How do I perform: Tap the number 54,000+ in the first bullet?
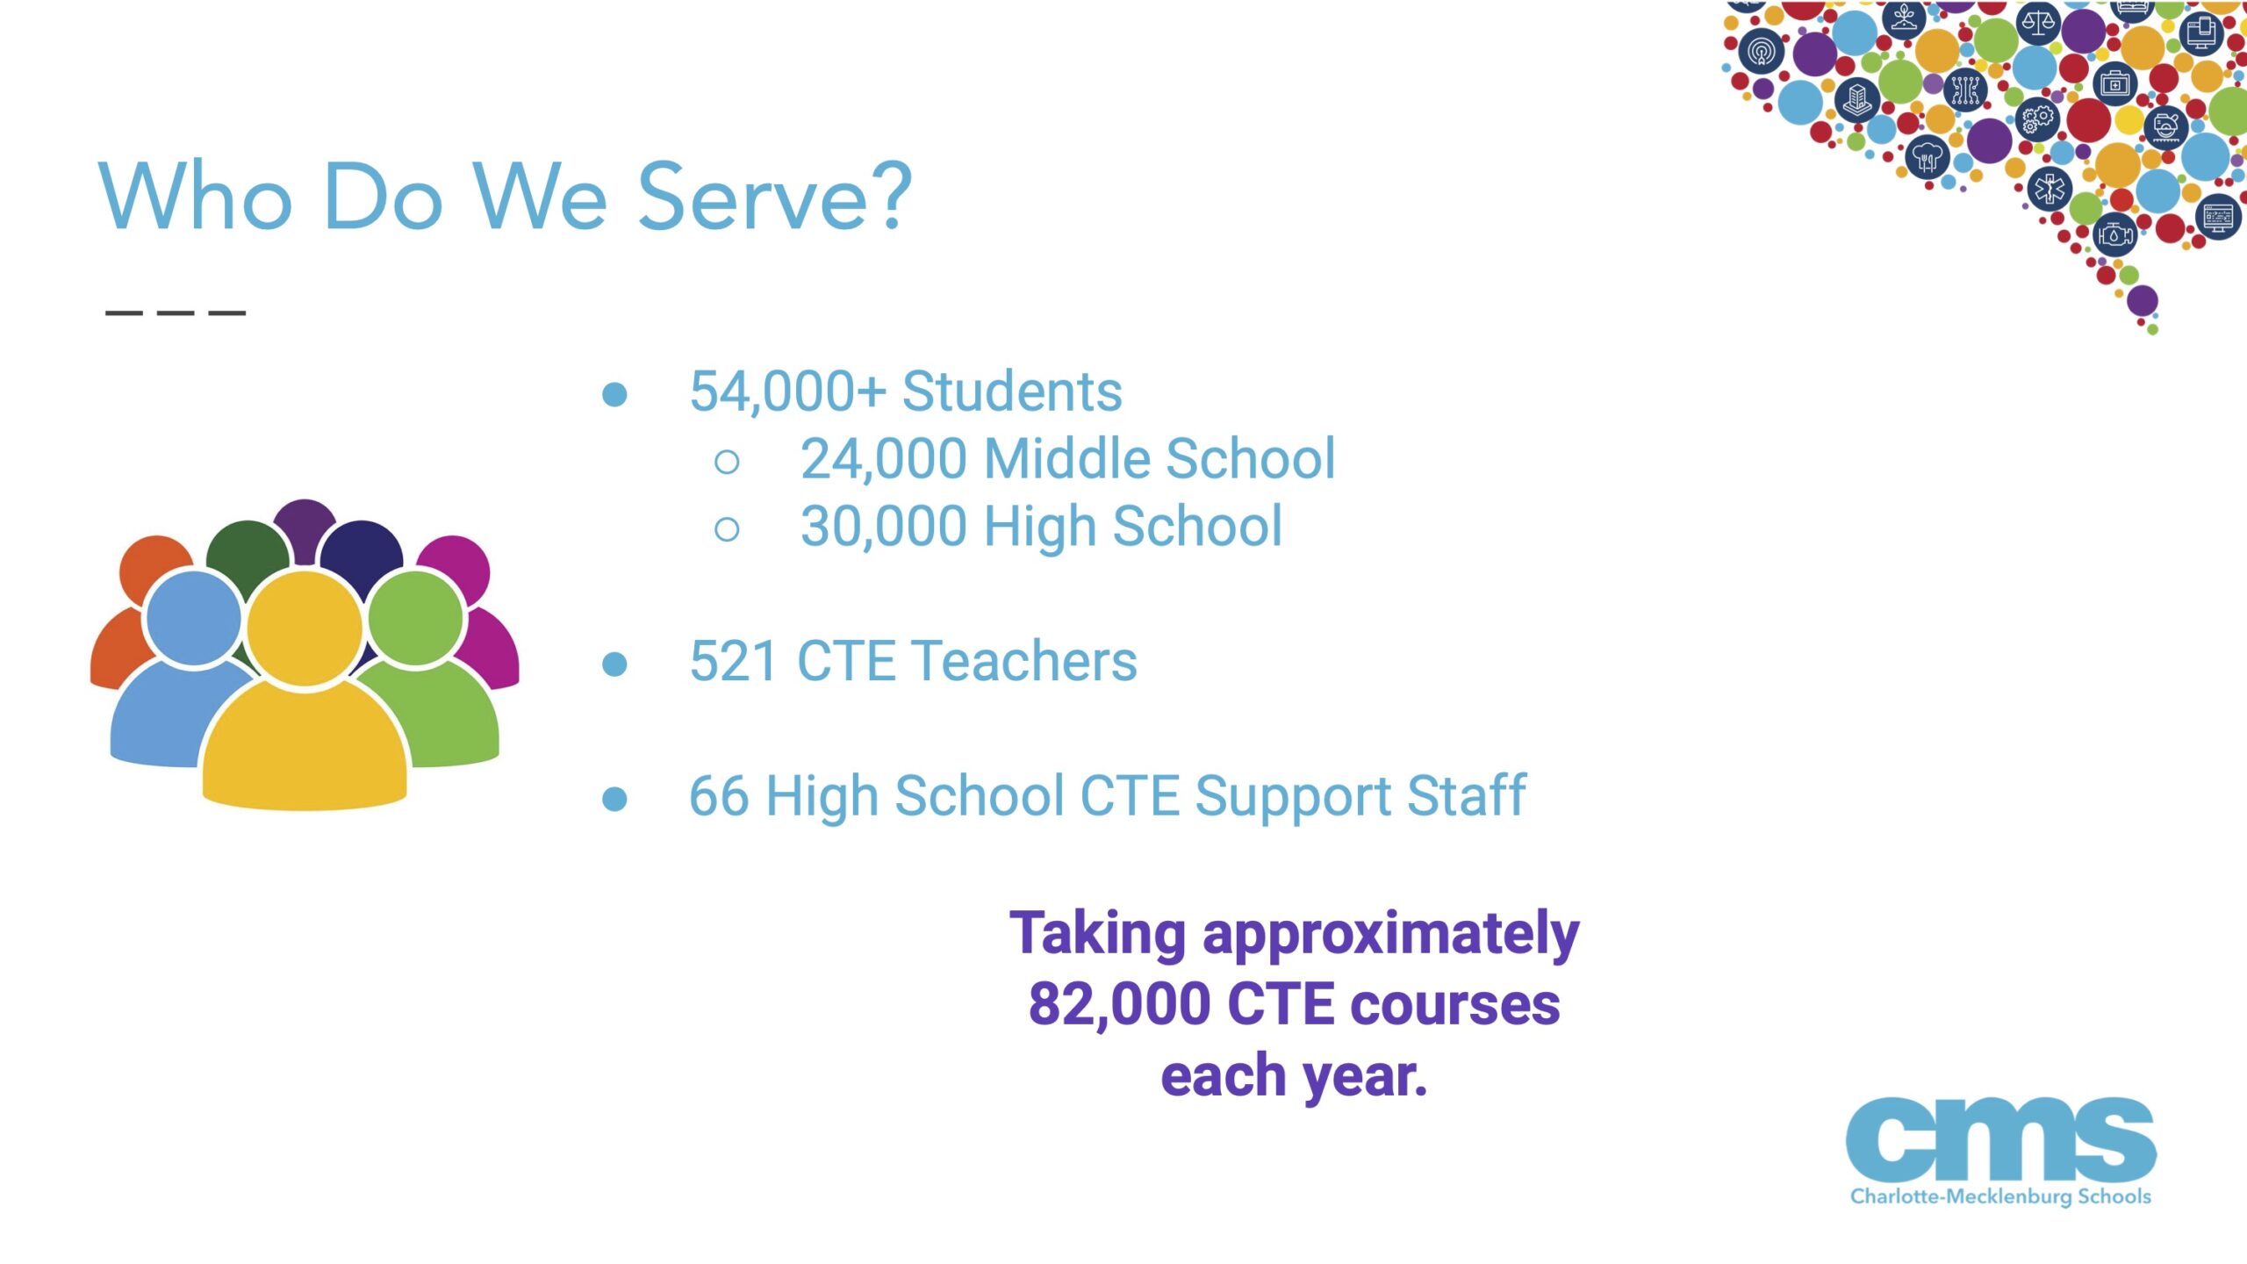pos(787,391)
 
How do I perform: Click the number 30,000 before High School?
pos(885,527)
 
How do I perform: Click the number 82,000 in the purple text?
pos(1119,1004)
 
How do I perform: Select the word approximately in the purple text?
pos(1390,936)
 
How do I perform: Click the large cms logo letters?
pos(2000,1139)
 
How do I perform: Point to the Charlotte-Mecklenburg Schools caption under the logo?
pos(2000,1196)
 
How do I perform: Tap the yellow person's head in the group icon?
pos(305,628)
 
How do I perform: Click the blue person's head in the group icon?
pos(193,617)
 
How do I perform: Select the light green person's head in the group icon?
pos(415,617)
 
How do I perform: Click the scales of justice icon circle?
pos(2038,21)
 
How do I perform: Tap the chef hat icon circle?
pos(1927,159)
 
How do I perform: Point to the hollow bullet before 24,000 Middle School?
pos(727,462)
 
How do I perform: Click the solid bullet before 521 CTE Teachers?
pos(615,664)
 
